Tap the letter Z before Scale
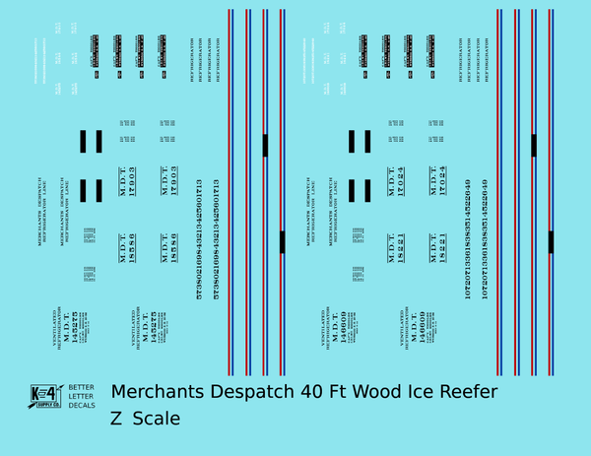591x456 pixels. coord(117,419)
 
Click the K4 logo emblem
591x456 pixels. coord(45,395)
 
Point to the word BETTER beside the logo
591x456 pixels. coord(82,387)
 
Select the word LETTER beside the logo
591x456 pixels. coord(82,396)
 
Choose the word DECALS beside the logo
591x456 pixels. coord(82,405)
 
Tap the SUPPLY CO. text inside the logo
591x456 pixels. coord(45,405)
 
